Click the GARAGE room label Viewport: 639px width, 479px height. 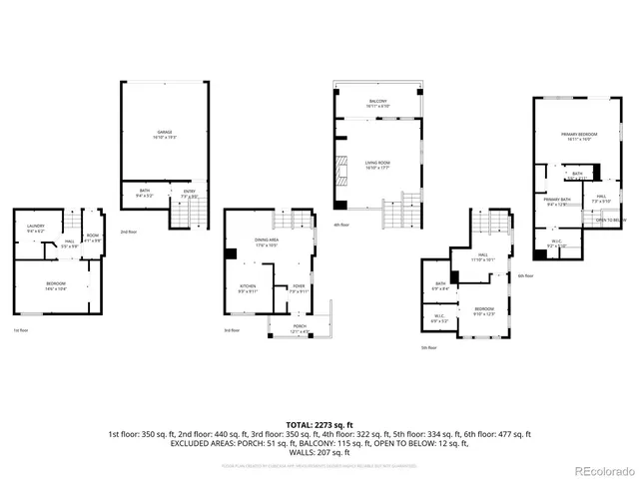click(x=165, y=134)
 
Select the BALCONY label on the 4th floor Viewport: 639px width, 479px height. click(x=377, y=103)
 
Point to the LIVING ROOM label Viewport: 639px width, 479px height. click(x=377, y=165)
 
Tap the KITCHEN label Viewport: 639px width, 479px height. click(x=248, y=289)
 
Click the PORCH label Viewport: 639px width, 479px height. click(x=299, y=329)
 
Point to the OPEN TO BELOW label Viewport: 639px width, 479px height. click(x=610, y=220)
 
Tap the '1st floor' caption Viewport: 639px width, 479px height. click(x=21, y=330)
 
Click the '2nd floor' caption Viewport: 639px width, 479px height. click(x=129, y=232)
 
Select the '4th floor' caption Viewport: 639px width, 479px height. click(x=341, y=225)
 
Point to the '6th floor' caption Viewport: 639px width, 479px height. click(x=526, y=275)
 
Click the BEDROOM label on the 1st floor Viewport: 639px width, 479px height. click(x=55, y=285)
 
